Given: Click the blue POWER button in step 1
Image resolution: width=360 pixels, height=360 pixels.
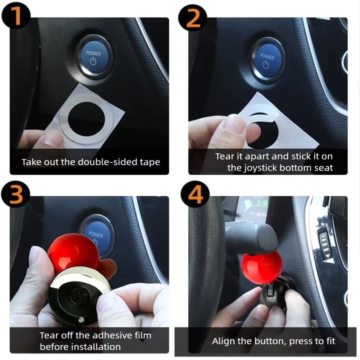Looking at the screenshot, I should (x=94, y=57).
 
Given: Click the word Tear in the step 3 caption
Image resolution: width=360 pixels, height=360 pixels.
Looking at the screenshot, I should (x=48, y=336).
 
